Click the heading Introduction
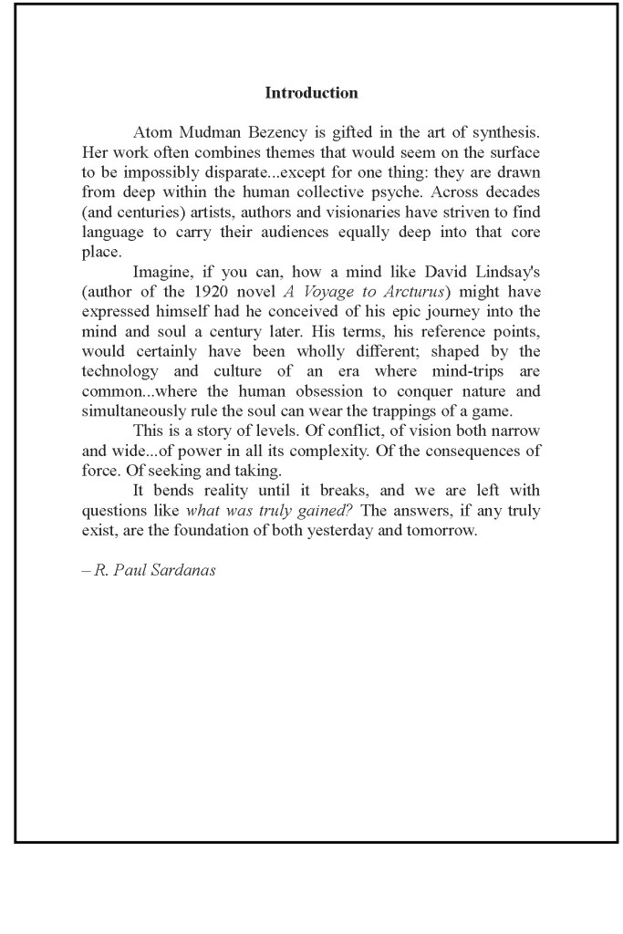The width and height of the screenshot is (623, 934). (311, 93)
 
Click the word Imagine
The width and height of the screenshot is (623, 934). (163, 271)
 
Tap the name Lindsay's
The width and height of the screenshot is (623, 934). (501, 271)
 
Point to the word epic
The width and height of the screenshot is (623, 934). (401, 313)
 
